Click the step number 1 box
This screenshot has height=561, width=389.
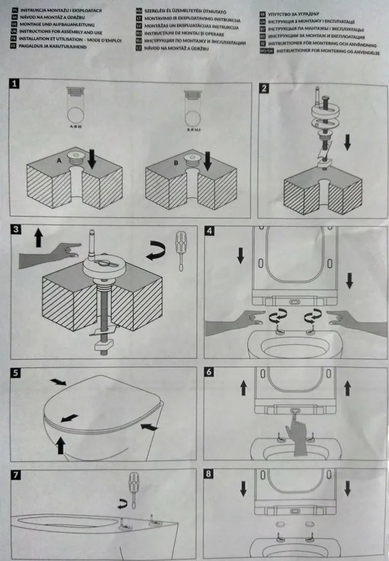click(16, 84)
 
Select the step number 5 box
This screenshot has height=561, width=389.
click(16, 373)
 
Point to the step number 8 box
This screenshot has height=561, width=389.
click(208, 475)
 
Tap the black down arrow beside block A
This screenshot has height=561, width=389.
click(93, 160)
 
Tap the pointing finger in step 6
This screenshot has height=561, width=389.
click(296, 427)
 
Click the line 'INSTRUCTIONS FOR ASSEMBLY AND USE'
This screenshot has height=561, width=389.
click(61, 31)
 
